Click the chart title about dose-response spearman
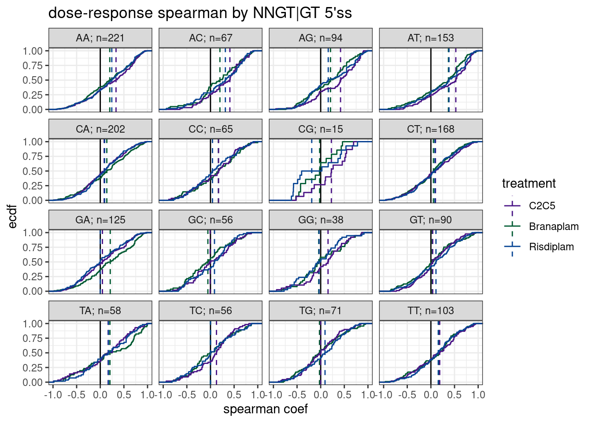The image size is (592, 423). point(200,13)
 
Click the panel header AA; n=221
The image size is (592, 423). point(100,38)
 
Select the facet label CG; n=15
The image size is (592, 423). point(321,129)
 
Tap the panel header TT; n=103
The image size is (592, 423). point(431,311)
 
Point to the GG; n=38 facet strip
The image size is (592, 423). point(321,220)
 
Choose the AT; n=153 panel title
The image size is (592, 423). point(431,38)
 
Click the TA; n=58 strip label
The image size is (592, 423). point(100,311)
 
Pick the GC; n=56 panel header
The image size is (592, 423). point(211,220)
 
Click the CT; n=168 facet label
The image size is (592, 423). point(431,129)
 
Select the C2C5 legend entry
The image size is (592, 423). point(542,206)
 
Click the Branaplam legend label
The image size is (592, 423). point(554,226)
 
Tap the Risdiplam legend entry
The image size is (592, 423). point(551,247)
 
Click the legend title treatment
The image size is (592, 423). point(529,183)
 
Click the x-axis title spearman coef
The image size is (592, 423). point(265,409)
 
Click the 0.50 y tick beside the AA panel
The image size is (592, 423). point(33,80)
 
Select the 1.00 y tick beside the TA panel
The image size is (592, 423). point(33,324)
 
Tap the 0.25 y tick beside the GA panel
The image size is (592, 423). point(33,277)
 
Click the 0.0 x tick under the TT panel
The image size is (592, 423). point(431,395)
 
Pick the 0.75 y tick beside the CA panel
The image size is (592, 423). point(33,156)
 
